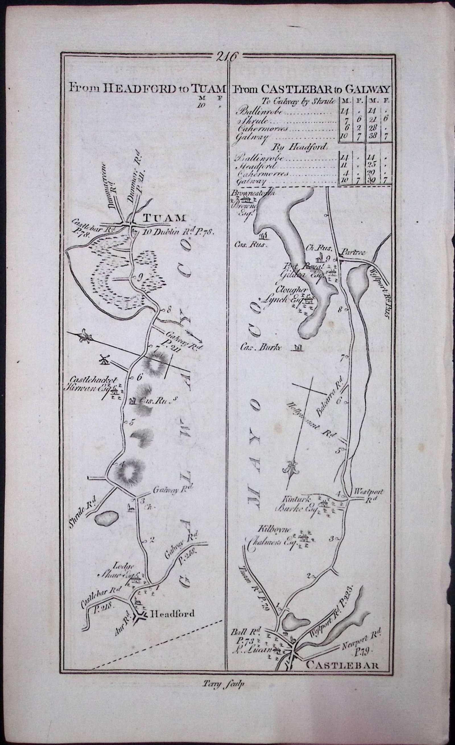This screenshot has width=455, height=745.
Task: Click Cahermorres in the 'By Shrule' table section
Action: click(258, 128)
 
